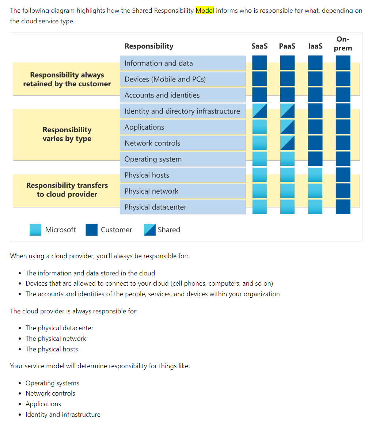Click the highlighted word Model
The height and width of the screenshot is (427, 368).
coord(205,11)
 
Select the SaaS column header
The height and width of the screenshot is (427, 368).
coord(259,46)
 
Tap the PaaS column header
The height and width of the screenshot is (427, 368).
coord(287,46)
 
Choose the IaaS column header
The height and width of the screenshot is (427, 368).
coord(315,46)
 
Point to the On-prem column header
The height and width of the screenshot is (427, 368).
coord(343,43)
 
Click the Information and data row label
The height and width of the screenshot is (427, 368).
coord(159,63)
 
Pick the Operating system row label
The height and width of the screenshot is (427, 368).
coord(153,159)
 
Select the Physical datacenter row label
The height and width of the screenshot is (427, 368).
coord(155,207)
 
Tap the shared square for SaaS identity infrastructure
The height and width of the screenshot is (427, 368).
coord(259,111)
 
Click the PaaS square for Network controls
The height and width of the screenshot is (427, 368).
coord(287,143)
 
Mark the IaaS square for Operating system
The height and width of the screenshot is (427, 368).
coord(315,159)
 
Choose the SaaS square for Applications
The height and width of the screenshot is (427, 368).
coord(259,127)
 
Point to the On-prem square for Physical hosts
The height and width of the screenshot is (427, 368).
coord(343,175)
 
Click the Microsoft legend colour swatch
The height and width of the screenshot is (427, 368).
coord(35,230)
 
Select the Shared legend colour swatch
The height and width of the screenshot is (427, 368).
coord(150,230)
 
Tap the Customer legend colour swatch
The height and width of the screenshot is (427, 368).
coord(92,230)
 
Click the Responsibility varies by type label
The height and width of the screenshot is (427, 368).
coord(67,134)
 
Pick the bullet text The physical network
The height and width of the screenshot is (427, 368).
coord(56,339)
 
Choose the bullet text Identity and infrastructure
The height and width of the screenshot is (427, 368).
coord(63,415)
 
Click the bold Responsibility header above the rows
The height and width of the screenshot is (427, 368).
coord(149,46)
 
